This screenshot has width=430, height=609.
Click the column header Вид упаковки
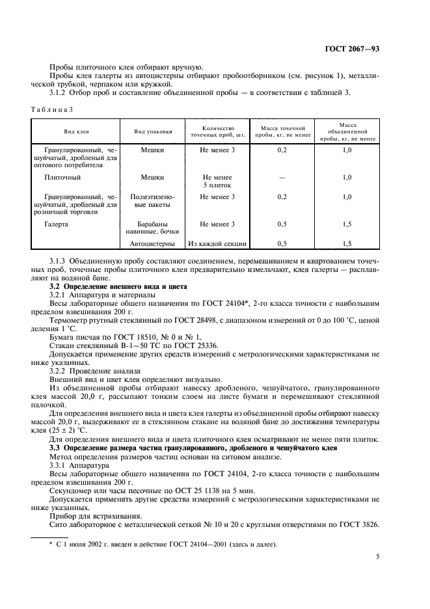153,131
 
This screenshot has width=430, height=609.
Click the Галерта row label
57,224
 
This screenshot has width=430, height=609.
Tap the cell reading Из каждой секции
217,244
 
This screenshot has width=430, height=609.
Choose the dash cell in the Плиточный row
282,177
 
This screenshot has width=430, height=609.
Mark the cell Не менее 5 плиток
217,181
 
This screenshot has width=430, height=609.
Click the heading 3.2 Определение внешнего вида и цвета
118,286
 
